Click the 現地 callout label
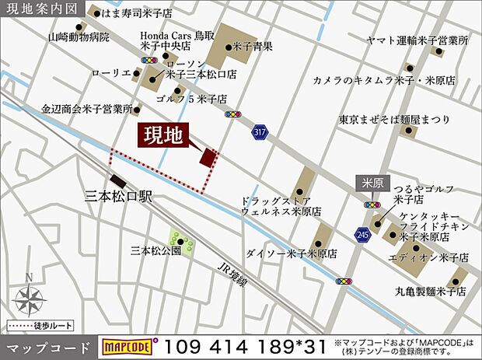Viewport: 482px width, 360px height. coord(163,136)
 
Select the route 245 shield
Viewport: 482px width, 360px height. coord(361,233)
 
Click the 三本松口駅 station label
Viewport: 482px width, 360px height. coord(118,197)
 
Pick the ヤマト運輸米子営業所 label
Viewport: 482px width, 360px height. coord(418,40)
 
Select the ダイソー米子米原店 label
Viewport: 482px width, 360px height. coord(291,253)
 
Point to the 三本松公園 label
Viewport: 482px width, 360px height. coord(155,250)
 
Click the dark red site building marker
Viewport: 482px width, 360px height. coord(207,158)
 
